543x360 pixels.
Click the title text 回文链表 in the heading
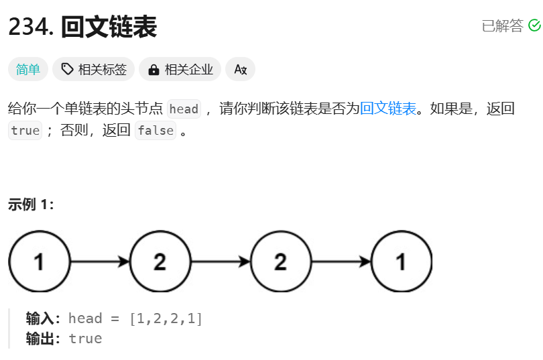tap(109, 27)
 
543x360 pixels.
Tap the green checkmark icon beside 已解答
tap(534, 25)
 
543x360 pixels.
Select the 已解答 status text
tap(502, 25)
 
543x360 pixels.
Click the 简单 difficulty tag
tap(27, 69)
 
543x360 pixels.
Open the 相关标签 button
tap(94, 69)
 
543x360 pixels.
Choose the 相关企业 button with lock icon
tap(180, 69)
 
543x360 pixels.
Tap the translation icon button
tap(240, 69)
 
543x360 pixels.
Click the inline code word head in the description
tap(184, 109)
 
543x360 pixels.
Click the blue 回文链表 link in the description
tap(388, 108)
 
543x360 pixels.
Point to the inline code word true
tap(25, 131)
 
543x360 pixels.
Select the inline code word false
tap(156, 131)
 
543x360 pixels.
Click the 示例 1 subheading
tap(31, 204)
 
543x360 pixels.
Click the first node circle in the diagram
tap(40, 261)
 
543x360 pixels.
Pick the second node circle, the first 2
tap(160, 261)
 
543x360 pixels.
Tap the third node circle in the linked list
tap(280, 261)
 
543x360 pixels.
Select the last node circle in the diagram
tap(401, 261)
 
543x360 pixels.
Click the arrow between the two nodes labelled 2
tap(220, 261)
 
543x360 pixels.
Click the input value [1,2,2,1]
tap(166, 318)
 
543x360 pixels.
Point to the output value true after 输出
tap(85, 339)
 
